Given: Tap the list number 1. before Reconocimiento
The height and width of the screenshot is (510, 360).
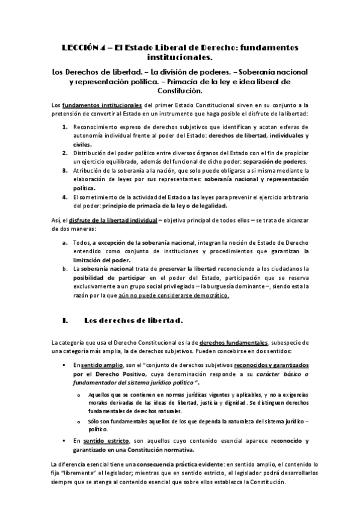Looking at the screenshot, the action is (65, 128).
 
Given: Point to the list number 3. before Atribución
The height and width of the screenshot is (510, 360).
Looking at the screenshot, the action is (65, 171).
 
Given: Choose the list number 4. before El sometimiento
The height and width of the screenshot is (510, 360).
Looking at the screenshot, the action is (65, 197).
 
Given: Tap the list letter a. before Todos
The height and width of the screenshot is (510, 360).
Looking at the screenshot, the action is (65, 242).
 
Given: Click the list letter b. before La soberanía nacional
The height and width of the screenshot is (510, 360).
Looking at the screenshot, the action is (65, 267).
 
